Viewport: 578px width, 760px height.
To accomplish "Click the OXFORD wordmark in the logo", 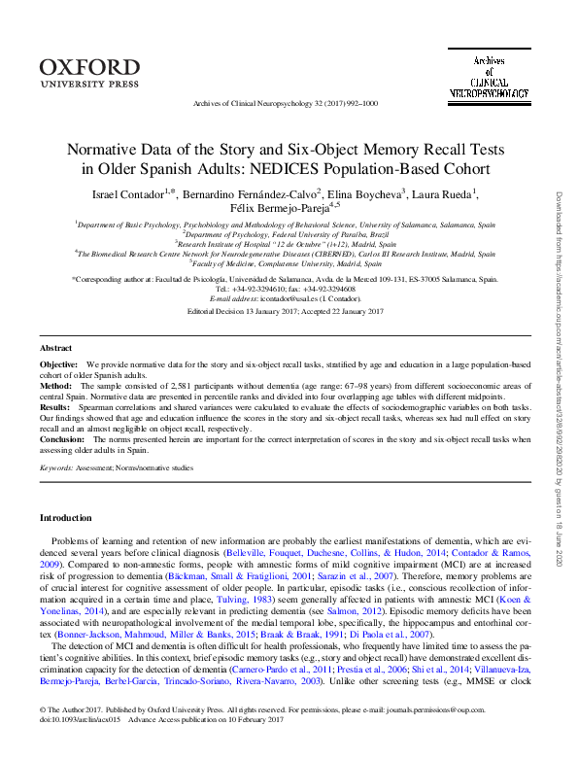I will [x=89, y=66].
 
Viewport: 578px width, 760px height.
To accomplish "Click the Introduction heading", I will [x=66, y=516].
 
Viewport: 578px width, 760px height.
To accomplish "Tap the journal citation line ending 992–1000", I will [x=286, y=102].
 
